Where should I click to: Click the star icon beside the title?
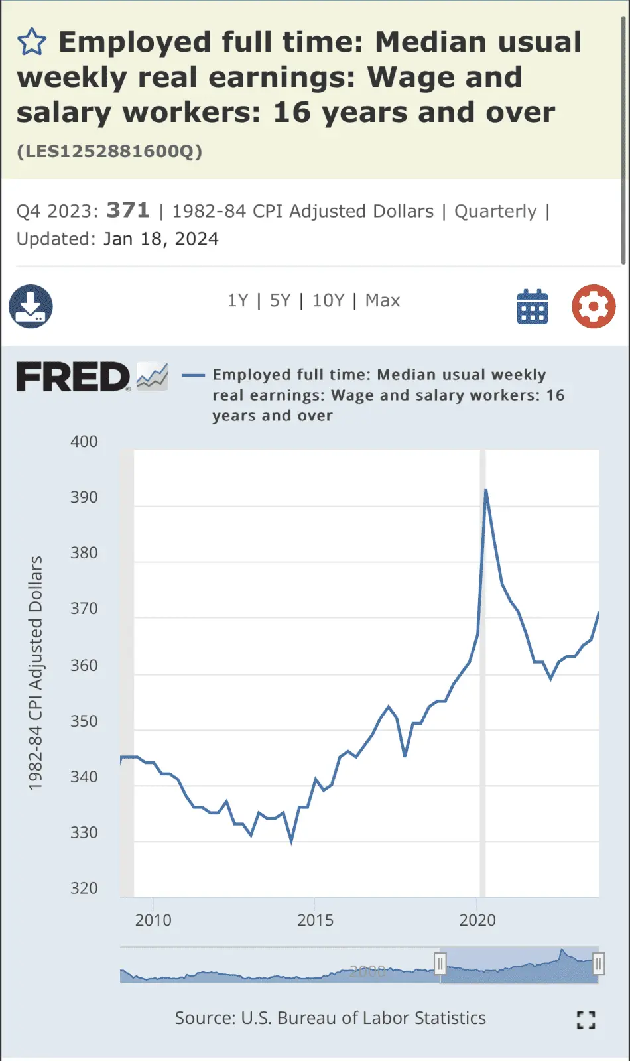click(x=31, y=42)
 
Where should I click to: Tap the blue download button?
click(x=31, y=306)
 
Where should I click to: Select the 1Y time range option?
click(x=237, y=301)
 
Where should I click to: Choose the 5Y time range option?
click(x=280, y=301)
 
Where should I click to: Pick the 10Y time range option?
click(x=328, y=301)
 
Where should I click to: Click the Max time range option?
click(x=383, y=301)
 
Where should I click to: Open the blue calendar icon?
click(x=532, y=306)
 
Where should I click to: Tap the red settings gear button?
click(x=594, y=306)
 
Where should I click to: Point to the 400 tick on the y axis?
click(x=84, y=442)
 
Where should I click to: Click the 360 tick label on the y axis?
click(x=84, y=665)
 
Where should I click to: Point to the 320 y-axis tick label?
click(x=84, y=888)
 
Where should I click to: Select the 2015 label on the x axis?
click(x=315, y=920)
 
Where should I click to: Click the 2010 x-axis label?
click(x=153, y=920)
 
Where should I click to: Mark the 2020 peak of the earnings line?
click(x=486, y=491)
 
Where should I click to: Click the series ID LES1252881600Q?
click(x=109, y=152)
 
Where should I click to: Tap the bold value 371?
click(x=128, y=210)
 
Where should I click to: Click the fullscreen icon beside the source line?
click(x=586, y=1020)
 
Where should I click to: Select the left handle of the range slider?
click(x=440, y=964)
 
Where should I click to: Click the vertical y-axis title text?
click(x=35, y=673)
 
